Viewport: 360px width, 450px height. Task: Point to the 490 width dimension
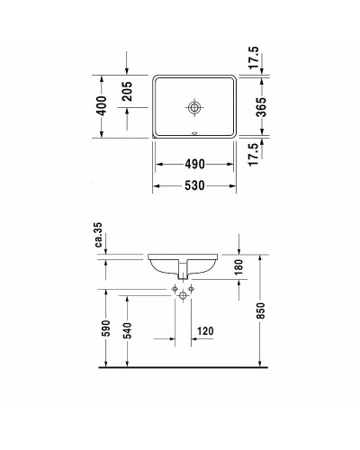tap(195, 164)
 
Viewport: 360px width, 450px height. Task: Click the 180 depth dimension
tap(240, 268)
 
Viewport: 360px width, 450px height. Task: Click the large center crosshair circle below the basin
tap(185, 295)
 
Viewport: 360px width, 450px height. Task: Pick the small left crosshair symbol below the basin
tap(175, 288)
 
